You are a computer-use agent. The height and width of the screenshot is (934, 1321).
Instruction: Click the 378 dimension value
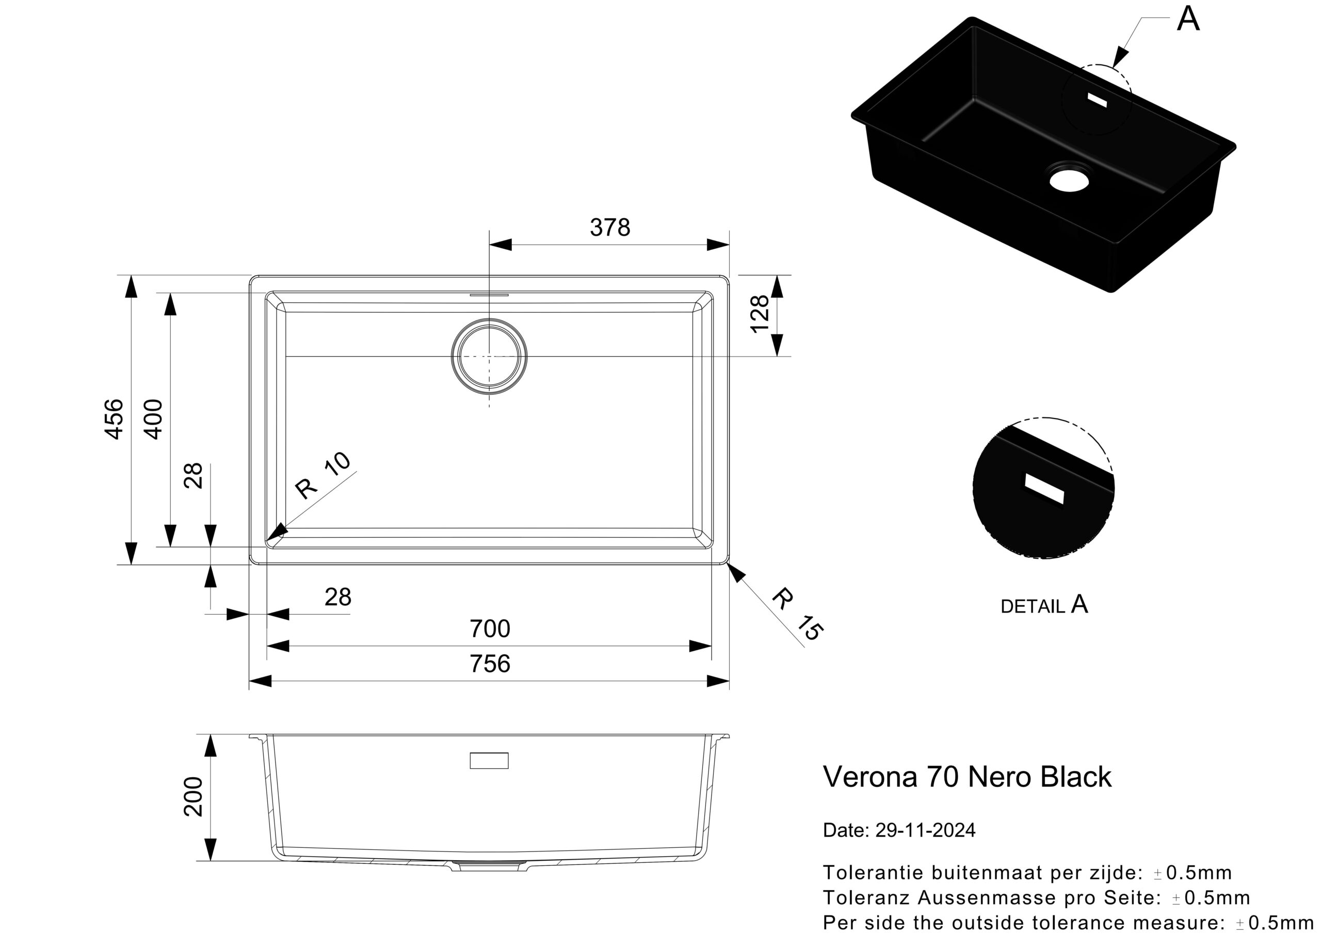tap(610, 228)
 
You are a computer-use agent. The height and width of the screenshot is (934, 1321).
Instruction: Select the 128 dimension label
tap(760, 314)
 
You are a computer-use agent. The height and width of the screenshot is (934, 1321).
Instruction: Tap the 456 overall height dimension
tap(115, 419)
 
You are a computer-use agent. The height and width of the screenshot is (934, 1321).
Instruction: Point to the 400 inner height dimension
tap(153, 419)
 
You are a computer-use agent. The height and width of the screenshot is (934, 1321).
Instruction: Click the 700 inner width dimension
tap(490, 629)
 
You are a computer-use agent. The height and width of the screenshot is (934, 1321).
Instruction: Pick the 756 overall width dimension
tap(490, 664)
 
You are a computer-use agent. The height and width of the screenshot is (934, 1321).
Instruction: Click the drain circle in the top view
tap(489, 356)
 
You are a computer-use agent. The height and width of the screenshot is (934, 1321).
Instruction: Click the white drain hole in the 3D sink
tap(1069, 180)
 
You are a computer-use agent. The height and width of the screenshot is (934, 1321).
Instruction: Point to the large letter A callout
tap(1188, 19)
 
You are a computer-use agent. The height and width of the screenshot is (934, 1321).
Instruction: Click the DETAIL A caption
tap(1044, 605)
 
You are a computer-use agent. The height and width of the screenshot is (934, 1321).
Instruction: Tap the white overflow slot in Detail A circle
tap(1044, 489)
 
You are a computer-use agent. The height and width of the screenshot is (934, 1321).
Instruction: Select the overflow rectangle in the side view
tap(489, 760)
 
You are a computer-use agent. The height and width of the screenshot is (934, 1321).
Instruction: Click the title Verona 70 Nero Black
tap(967, 777)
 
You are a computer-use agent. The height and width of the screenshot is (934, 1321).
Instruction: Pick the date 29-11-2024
tap(925, 830)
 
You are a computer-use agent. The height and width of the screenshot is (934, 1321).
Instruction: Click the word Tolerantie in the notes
tap(874, 873)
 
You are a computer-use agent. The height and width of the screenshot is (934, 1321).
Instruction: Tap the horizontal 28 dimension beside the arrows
tap(337, 598)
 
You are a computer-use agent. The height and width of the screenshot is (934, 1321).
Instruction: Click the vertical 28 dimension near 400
tap(194, 475)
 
